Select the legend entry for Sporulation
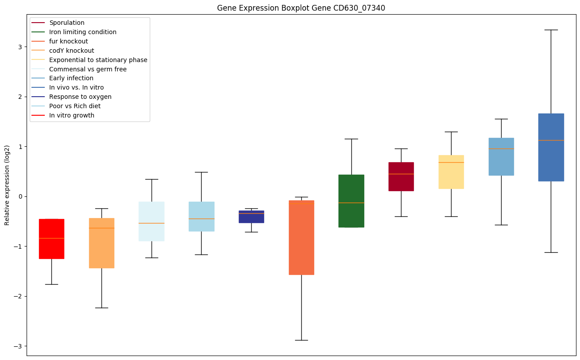[x=67, y=23]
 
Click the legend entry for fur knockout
[x=69, y=41]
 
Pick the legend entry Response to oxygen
[x=80, y=97]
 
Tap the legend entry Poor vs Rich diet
[x=75, y=106]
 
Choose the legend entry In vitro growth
[x=72, y=115]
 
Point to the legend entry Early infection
[x=71, y=78]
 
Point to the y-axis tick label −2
[x=18, y=296]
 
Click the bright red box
[x=51, y=239]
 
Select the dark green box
[x=351, y=201]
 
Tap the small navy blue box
[x=251, y=216]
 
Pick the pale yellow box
[x=451, y=172]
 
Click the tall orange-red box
[x=301, y=237]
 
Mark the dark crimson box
[x=401, y=176]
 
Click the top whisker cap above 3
[x=551, y=30]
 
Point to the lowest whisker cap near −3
[x=301, y=340]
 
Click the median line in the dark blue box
[x=551, y=140]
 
